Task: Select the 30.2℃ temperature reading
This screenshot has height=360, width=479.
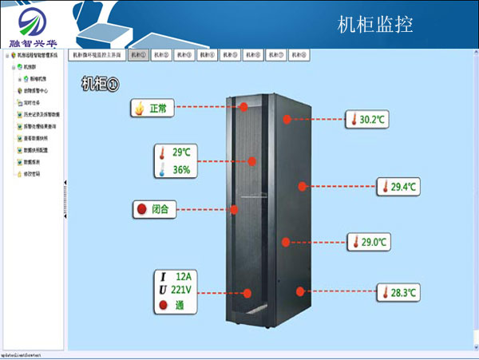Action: click(x=373, y=120)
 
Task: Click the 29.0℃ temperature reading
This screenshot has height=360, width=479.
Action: click(x=374, y=241)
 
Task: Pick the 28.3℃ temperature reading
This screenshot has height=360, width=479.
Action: click(x=404, y=293)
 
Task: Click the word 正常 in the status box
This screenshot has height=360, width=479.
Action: click(x=158, y=108)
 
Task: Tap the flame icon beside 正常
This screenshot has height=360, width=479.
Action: click(x=141, y=108)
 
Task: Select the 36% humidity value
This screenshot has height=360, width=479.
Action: click(x=181, y=169)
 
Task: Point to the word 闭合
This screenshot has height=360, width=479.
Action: click(x=160, y=209)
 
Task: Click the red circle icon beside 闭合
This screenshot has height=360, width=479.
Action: click(x=141, y=209)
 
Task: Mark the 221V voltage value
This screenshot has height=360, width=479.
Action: click(x=183, y=290)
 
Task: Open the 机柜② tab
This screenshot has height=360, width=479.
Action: click(x=161, y=55)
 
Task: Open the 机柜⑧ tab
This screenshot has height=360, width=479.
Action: click(x=299, y=55)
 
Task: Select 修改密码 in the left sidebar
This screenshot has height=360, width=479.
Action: click(x=32, y=173)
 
